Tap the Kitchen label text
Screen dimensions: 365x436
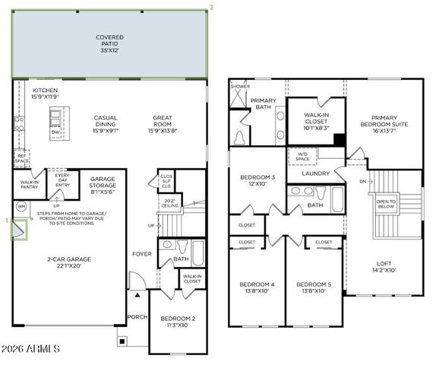(x=45, y=94)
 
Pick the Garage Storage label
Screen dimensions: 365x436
(x=103, y=186)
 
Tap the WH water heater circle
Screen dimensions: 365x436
(x=21, y=206)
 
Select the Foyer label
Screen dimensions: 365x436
(x=141, y=253)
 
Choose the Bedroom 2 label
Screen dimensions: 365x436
(x=177, y=322)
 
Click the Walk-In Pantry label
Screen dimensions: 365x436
(x=30, y=185)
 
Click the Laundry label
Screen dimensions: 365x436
(x=314, y=173)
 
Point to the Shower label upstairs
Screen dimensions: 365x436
(x=241, y=86)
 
